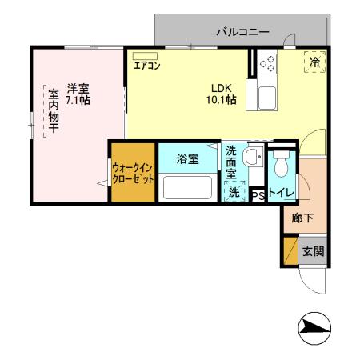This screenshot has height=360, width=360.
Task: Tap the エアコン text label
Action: point(146,66)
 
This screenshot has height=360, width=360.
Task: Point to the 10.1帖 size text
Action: point(221,100)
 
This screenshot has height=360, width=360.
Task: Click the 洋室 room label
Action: point(78,88)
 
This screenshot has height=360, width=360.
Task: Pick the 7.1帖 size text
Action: point(78,101)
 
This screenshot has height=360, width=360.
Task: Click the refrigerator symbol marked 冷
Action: point(314,62)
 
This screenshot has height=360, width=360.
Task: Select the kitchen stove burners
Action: point(267,62)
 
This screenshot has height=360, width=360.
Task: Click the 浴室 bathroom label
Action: point(188,159)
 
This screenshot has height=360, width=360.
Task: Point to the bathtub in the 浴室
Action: point(188,188)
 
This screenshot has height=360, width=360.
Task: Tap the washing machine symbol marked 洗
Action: point(234,192)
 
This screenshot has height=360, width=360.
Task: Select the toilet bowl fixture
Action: point(280,166)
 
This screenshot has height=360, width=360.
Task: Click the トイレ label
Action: point(280,192)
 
